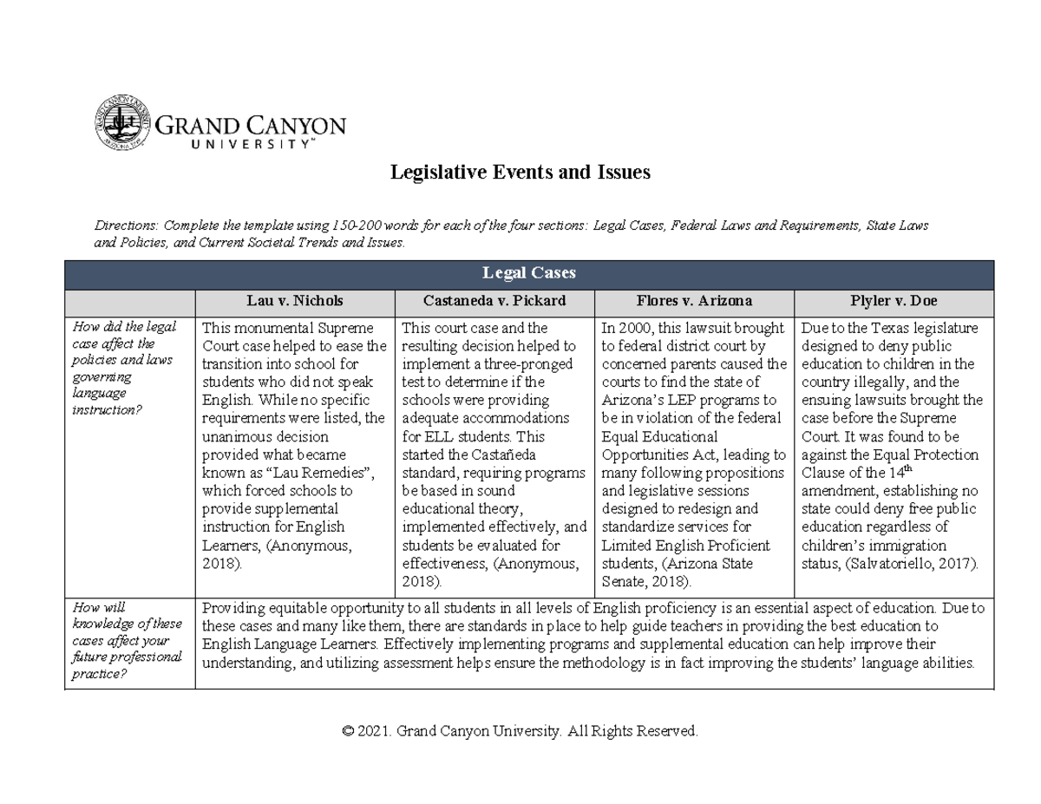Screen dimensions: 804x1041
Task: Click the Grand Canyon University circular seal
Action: click(x=122, y=123)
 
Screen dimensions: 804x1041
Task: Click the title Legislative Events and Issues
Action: click(x=520, y=173)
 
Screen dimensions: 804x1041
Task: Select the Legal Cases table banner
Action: click(x=528, y=273)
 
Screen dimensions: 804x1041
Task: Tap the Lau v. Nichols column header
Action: click(x=294, y=301)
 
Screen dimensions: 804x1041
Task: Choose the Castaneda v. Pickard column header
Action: click(x=494, y=301)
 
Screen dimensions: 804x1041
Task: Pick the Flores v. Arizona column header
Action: click(x=693, y=301)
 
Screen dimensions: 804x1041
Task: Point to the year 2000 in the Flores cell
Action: click(x=633, y=328)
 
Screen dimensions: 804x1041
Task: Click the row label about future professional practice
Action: click(x=128, y=641)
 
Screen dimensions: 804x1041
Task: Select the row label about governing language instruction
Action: click(x=126, y=369)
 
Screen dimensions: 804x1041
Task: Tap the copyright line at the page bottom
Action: click(x=520, y=731)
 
